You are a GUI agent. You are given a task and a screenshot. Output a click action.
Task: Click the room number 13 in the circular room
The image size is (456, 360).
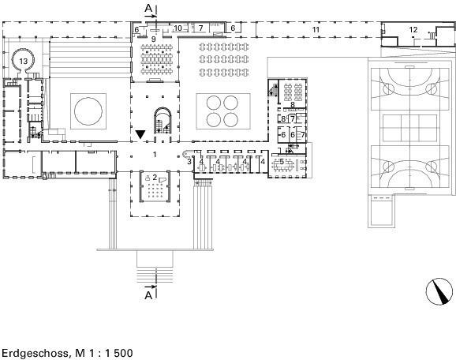(23, 61)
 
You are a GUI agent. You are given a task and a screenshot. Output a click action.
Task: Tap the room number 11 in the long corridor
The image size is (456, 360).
(316, 29)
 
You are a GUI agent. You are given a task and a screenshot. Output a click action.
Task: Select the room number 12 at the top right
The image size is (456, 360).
(413, 29)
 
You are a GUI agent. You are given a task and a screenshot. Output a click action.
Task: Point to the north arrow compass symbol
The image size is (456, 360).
(439, 291)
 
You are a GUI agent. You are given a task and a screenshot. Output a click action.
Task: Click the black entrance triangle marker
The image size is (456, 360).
(140, 134)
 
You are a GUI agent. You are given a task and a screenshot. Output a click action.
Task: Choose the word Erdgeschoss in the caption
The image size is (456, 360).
(36, 353)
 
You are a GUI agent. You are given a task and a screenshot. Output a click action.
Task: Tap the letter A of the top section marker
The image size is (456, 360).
(148, 9)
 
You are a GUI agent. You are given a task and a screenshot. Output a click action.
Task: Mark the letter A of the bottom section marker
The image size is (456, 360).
(148, 295)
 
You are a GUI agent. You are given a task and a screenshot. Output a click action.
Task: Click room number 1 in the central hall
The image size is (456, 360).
(155, 154)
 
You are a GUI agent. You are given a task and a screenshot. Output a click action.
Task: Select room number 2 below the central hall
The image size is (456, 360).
(155, 177)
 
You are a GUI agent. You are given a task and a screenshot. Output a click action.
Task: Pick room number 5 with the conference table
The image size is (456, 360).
(282, 161)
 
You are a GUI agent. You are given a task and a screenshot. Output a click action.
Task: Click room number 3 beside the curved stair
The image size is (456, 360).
(189, 161)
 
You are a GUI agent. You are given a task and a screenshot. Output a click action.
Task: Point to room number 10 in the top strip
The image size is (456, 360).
(178, 28)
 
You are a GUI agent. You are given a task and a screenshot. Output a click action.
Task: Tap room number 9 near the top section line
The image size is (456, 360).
(154, 39)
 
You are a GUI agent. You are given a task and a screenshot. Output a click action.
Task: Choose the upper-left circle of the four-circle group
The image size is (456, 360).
(214, 103)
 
